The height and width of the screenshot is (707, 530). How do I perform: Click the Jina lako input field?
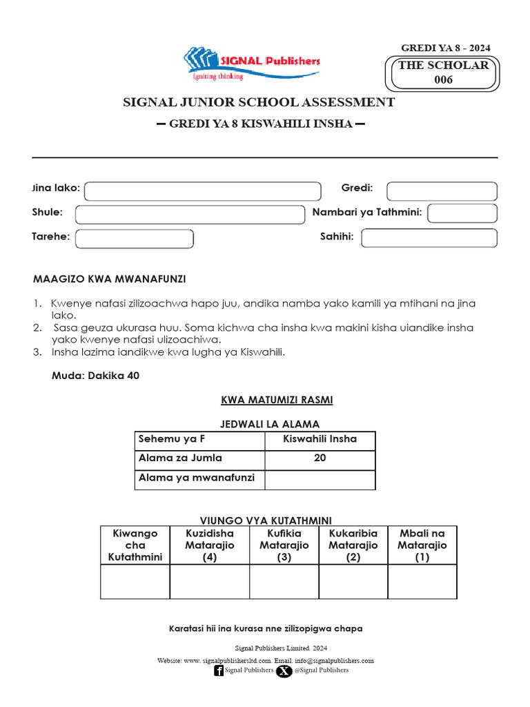[x=203, y=191]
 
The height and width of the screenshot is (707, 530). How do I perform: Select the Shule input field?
[x=190, y=214]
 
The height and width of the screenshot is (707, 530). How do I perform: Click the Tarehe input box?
[x=135, y=238]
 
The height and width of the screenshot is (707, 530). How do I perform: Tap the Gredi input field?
[x=442, y=191]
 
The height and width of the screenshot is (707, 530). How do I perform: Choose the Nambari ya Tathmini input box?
[x=462, y=213]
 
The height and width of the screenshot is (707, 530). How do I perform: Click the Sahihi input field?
[x=429, y=238]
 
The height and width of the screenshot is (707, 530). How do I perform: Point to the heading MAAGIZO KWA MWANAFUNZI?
[x=110, y=279]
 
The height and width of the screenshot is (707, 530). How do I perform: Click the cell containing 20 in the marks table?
[x=320, y=458]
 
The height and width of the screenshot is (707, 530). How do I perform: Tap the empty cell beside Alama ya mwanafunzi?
[x=320, y=478]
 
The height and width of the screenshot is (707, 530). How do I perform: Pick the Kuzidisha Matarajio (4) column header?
[x=210, y=545]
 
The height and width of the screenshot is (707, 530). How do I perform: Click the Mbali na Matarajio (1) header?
[x=422, y=545]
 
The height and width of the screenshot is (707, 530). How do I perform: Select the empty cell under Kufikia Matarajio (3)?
[x=284, y=581]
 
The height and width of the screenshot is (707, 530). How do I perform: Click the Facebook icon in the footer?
[x=219, y=670]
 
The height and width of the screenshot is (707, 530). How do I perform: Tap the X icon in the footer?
[x=284, y=670]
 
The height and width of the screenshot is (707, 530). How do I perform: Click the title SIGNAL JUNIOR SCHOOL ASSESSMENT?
[x=259, y=102]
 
